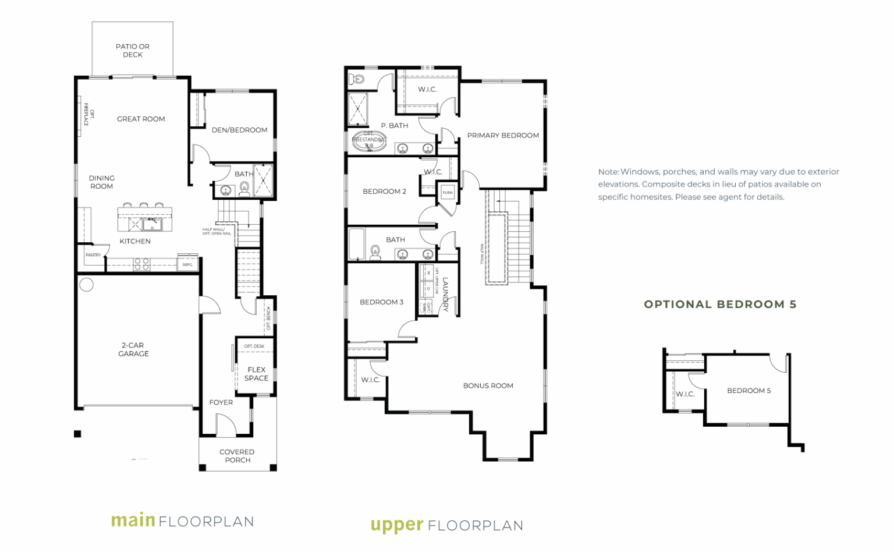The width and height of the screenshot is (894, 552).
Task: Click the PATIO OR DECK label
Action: pyautogui.click(x=133, y=51)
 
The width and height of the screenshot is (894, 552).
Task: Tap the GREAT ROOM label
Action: pyautogui.click(x=141, y=119)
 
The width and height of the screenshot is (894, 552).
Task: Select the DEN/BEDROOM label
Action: pyautogui.click(x=239, y=130)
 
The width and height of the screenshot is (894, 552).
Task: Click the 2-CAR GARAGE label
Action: pyautogui.click(x=134, y=349)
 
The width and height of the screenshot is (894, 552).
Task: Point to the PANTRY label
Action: pyautogui.click(x=93, y=255)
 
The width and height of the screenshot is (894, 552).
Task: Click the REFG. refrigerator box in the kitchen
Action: pyautogui.click(x=187, y=264)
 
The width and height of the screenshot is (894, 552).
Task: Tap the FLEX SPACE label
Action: pyautogui.click(x=256, y=374)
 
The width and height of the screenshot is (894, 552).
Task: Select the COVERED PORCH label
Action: pyautogui.click(x=237, y=456)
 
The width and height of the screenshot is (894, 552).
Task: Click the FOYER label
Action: pyautogui.click(x=221, y=402)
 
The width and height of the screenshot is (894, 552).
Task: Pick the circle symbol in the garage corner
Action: pyautogui.click(x=87, y=285)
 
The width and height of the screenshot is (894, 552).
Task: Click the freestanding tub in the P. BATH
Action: pyautogui.click(x=369, y=141)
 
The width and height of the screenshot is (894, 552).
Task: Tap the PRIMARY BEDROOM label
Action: pyautogui.click(x=503, y=135)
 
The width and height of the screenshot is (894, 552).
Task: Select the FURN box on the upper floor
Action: pyautogui.click(x=448, y=192)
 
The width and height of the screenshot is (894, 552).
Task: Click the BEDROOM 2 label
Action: pyautogui.click(x=384, y=191)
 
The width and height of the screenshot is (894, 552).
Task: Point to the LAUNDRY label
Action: pyautogui.click(x=445, y=295)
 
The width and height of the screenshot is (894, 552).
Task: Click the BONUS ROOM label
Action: pyautogui.click(x=488, y=385)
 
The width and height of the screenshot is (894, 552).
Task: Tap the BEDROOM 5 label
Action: pyautogui.click(x=748, y=391)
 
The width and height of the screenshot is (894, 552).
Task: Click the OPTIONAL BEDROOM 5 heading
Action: pyautogui.click(x=720, y=304)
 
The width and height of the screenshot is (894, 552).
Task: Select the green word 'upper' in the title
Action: pyautogui.click(x=396, y=525)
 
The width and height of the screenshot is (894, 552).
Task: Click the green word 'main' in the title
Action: pyautogui.click(x=133, y=520)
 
